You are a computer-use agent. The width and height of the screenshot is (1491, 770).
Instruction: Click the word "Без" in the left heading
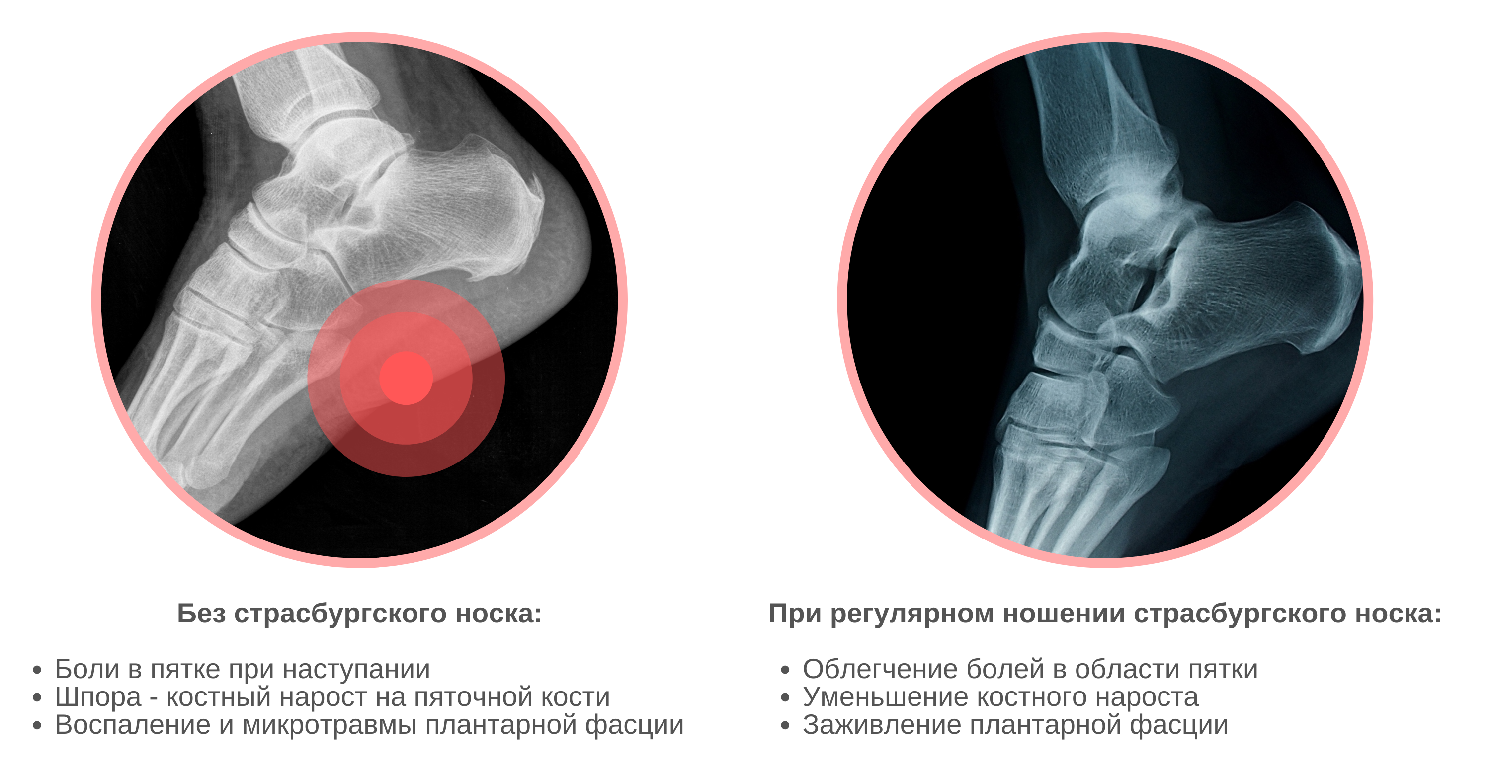coord(201,614)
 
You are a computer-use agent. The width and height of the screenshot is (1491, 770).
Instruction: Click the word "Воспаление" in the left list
coord(133,725)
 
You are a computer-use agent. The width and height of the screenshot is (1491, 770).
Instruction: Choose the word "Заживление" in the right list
coord(882,725)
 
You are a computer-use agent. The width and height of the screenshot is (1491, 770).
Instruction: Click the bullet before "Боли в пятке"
coord(38,671)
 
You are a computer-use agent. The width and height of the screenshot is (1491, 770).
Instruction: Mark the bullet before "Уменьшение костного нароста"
coord(785,698)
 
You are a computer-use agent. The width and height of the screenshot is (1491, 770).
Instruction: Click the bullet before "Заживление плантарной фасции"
coord(785,726)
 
